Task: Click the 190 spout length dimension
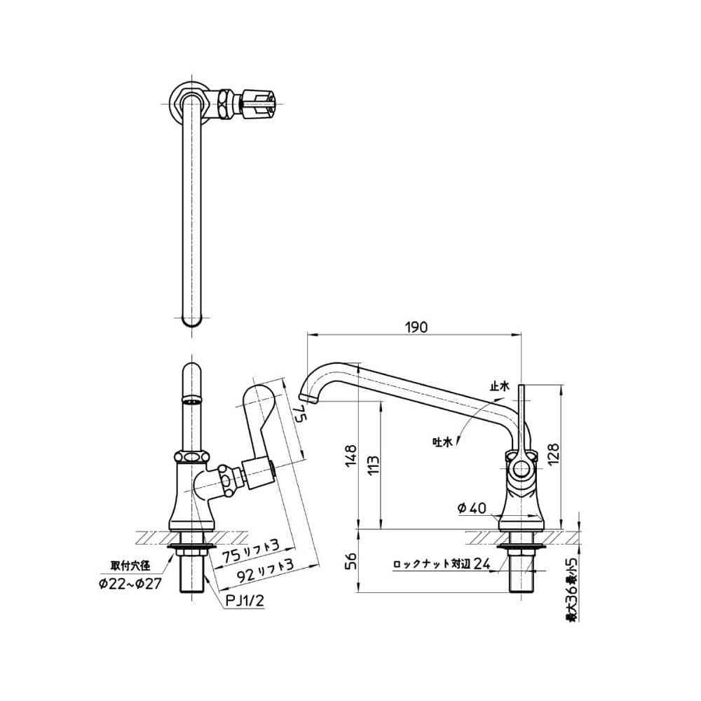[x=416, y=327]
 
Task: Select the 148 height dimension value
[x=351, y=456]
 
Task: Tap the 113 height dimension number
[x=374, y=465]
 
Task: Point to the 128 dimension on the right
[x=554, y=454]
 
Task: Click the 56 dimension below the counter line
[x=351, y=561]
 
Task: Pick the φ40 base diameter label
[x=472, y=508]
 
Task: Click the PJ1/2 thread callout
[x=244, y=601]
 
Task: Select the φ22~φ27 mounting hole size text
[x=130, y=584]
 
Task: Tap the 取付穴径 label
[x=130, y=566]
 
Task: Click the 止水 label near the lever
[x=499, y=387]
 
